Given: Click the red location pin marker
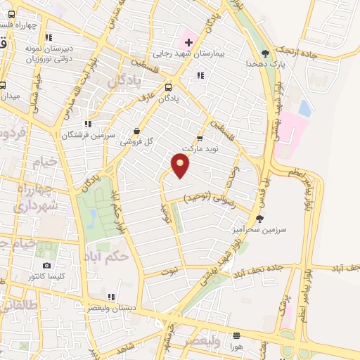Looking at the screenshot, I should [x=181, y=166].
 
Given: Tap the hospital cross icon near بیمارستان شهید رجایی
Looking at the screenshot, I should [x=188, y=43].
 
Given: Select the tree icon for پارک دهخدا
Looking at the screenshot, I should [x=265, y=53].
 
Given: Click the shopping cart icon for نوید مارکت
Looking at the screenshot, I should [x=200, y=138].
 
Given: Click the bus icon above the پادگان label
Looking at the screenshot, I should [x=167, y=88].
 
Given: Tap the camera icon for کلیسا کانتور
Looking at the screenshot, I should [x=46, y=265].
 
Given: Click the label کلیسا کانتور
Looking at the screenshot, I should [x=45, y=276].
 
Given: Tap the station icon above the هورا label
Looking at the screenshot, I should [x=236, y=335].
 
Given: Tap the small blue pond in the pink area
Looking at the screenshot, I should [x=304, y=108].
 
